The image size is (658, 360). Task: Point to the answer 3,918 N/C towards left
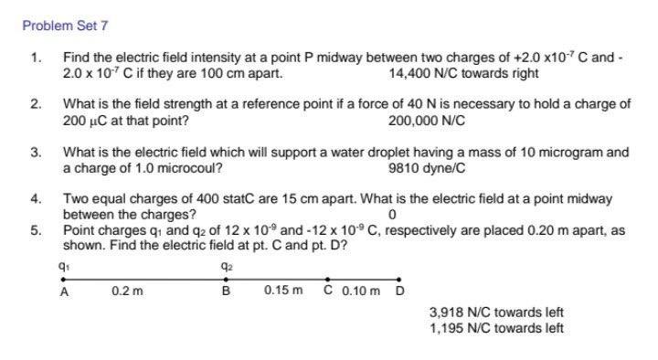(x=496, y=312)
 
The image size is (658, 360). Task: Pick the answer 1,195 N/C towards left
(x=496, y=327)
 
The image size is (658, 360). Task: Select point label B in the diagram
(x=226, y=291)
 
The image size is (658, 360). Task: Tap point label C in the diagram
(x=328, y=291)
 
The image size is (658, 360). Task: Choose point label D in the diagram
(x=398, y=291)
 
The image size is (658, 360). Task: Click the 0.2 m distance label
(x=127, y=291)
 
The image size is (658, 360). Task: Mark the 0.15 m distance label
(x=282, y=291)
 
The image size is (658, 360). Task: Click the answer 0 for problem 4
(x=392, y=216)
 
